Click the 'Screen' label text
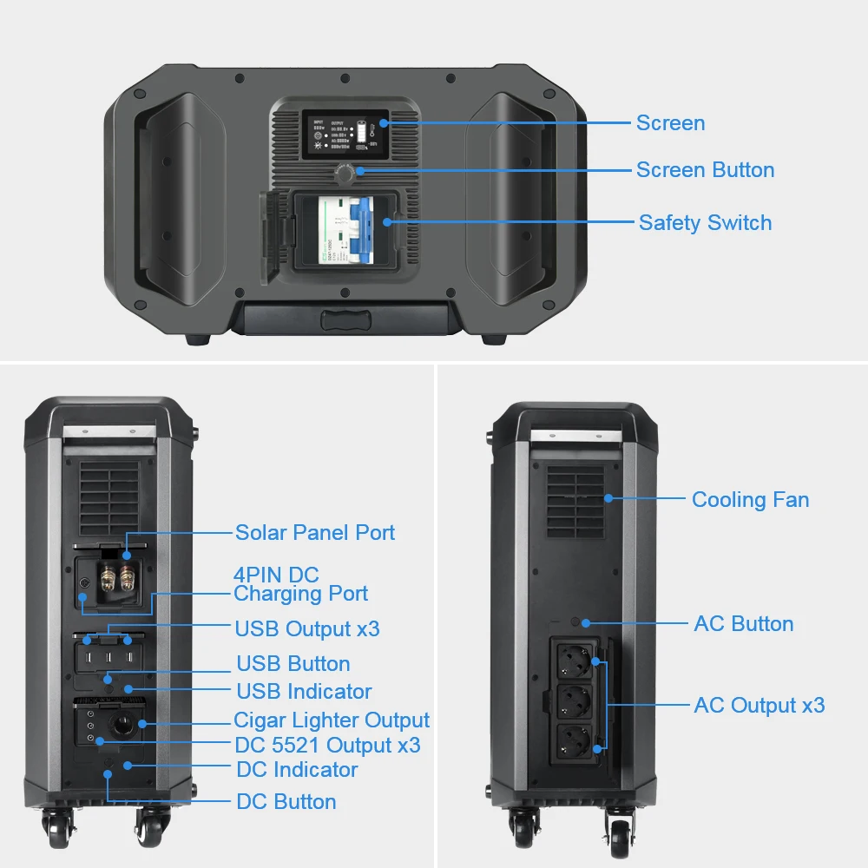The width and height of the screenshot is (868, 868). click(670, 123)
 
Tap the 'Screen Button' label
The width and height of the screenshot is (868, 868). click(705, 170)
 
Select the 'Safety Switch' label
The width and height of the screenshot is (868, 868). click(705, 223)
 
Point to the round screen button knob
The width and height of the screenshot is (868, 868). click(345, 174)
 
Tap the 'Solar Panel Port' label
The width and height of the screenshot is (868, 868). click(315, 532)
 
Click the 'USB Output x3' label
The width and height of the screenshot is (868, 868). click(306, 628)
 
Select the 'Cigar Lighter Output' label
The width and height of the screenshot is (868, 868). click(332, 720)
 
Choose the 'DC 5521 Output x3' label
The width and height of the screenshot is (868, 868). click(327, 745)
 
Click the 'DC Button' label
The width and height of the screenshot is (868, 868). click(286, 801)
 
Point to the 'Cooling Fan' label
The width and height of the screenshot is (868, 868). click(750, 500)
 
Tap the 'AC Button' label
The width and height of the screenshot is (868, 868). click(743, 624)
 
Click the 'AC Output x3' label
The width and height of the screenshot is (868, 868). click(759, 705)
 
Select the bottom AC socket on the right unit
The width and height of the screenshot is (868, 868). click(572, 743)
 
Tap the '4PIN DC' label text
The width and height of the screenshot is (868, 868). click(276, 575)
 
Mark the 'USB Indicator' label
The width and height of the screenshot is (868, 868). click(304, 692)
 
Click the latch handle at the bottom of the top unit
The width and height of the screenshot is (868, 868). click(345, 318)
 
